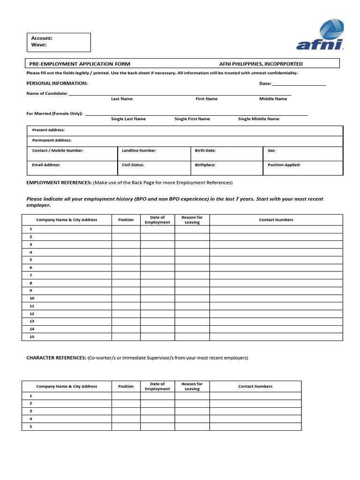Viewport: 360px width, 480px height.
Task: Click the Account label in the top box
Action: tap(42, 38)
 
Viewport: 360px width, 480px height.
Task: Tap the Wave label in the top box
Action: tap(39, 45)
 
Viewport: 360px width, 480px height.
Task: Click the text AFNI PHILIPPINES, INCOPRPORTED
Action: tap(261, 64)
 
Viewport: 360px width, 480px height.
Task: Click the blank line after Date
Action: tap(299, 83)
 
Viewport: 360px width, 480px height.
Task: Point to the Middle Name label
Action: tap(273, 99)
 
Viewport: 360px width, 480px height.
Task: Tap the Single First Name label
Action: tap(192, 119)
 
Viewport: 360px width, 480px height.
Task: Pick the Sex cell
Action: tap(302, 154)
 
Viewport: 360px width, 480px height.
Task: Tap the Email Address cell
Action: tap(70, 168)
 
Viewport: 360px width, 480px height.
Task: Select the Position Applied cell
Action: tap(302, 168)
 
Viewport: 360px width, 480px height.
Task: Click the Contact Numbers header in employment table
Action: tap(276, 220)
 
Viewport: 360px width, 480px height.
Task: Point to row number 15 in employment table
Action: tap(31, 337)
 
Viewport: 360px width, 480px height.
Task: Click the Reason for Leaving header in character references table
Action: tap(192, 386)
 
